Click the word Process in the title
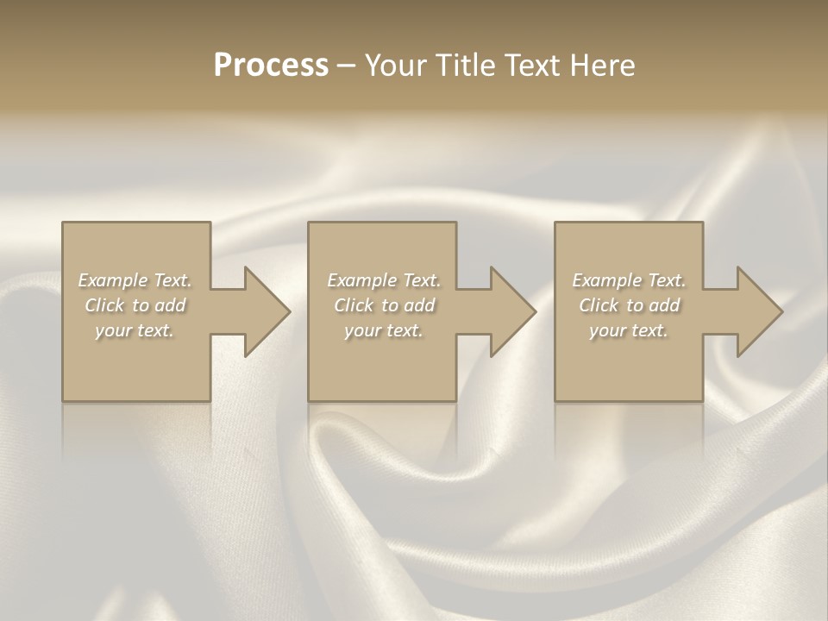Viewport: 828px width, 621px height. pyautogui.click(x=271, y=66)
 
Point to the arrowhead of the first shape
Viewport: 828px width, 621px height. pyautogui.click(x=267, y=311)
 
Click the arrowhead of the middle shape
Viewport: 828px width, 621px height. pyautogui.click(x=513, y=311)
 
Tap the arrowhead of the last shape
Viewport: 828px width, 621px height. pyautogui.click(x=760, y=311)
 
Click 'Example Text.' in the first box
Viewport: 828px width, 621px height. pyautogui.click(x=135, y=280)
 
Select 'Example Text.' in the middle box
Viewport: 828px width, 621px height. pyautogui.click(x=384, y=280)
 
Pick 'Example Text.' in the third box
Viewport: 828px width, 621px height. pyautogui.click(x=629, y=280)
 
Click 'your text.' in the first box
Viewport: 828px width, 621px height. pyautogui.click(x=135, y=330)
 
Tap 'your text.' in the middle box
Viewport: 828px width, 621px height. pyautogui.click(x=384, y=330)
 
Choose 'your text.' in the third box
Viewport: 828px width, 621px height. pyautogui.click(x=629, y=330)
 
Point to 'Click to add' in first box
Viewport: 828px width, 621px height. pyautogui.click(x=135, y=305)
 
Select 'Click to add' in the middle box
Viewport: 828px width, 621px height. pyautogui.click(x=384, y=305)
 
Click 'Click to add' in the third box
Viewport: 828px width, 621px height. pyautogui.click(x=629, y=305)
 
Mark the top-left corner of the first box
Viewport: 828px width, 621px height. pyautogui.click(x=63, y=223)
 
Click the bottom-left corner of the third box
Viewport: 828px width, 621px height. pyautogui.click(x=555, y=400)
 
